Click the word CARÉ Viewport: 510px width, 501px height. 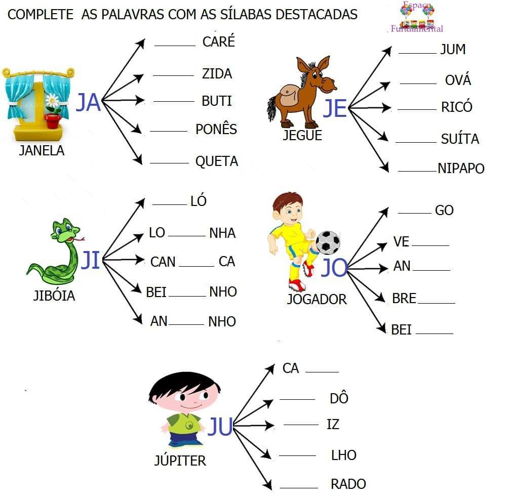[x=218, y=41]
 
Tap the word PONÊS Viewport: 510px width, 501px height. [x=216, y=129]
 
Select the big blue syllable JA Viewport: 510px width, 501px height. [x=88, y=103]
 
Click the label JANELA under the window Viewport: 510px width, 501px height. [x=42, y=150]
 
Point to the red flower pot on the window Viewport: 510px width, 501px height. [x=52, y=120]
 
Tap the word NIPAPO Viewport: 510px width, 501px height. [x=461, y=169]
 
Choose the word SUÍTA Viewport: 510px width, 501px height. [x=460, y=139]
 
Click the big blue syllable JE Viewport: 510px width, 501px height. [x=335, y=108]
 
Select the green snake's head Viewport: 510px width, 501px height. [x=63, y=230]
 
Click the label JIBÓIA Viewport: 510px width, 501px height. [x=54, y=296]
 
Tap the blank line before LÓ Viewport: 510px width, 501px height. [x=170, y=204]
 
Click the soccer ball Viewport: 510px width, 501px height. [x=328, y=242]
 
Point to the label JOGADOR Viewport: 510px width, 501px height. [x=317, y=299]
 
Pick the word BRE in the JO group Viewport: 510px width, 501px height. [x=404, y=299]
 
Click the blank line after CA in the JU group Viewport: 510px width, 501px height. [x=322, y=371]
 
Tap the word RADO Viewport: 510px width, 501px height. [x=348, y=484]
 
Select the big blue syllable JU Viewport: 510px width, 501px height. [x=220, y=427]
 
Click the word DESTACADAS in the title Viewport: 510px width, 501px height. [x=317, y=14]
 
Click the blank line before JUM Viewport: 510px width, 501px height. [x=417, y=52]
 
